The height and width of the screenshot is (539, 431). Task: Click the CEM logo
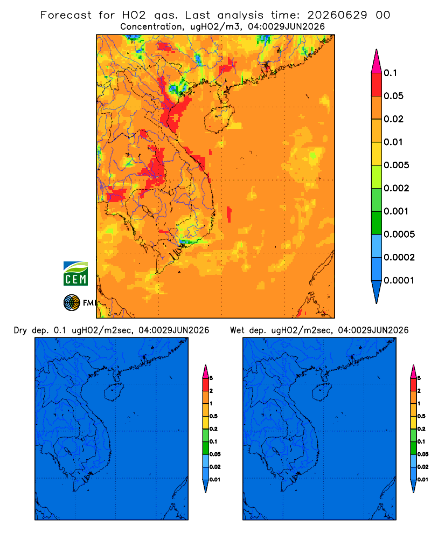(x=75, y=274)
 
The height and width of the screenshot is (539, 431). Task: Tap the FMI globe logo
(x=72, y=302)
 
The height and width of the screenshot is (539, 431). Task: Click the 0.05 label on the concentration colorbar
(x=393, y=96)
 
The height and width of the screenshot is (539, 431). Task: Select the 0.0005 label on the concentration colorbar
(x=399, y=234)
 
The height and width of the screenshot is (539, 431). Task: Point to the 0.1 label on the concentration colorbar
(x=390, y=73)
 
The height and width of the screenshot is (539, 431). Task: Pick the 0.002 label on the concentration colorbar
(x=397, y=188)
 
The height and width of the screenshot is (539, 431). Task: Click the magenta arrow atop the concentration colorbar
(x=377, y=61)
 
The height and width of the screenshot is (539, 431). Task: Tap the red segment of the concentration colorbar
(x=377, y=85)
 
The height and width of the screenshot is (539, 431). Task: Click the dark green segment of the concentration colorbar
(x=377, y=223)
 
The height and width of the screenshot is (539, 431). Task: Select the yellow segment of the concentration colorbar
(x=377, y=154)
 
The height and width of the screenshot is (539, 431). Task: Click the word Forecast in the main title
(x=66, y=15)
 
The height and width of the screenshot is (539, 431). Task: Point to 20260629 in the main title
(x=337, y=15)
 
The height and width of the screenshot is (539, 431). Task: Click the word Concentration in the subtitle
(x=151, y=27)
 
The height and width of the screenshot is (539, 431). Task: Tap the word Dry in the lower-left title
(x=20, y=330)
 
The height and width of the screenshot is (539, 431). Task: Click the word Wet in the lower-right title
(x=238, y=330)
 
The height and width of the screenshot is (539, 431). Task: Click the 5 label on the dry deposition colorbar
(x=211, y=378)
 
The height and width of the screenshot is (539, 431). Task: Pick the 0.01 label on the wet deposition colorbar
(x=423, y=480)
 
